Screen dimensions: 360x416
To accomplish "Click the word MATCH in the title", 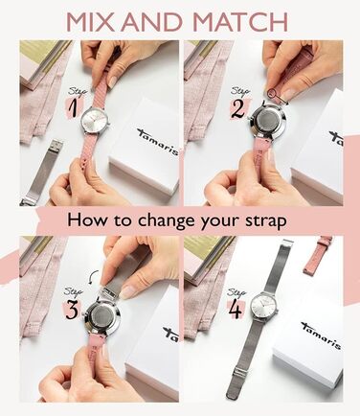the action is click(x=240, y=22).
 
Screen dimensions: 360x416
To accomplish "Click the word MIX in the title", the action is click(x=89, y=22).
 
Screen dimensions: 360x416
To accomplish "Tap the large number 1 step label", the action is click(x=74, y=108).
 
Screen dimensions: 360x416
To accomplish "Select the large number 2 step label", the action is click(x=237, y=108).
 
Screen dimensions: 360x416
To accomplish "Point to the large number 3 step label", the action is click(x=72, y=310).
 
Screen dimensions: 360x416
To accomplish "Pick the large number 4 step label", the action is click(x=236, y=310).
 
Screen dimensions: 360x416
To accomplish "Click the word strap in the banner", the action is click(x=265, y=221).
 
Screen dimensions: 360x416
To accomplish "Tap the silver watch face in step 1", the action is click(x=95, y=123).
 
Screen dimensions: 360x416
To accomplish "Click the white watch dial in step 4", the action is click(x=263, y=307).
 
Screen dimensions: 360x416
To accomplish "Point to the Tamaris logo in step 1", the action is click(x=158, y=141).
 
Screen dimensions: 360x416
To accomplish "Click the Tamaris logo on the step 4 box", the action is click(x=321, y=335).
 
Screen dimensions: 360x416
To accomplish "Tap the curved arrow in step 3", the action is click(x=93, y=277).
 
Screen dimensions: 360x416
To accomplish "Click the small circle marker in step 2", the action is click(x=272, y=93).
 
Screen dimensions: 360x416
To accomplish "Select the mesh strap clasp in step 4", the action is click(x=240, y=372).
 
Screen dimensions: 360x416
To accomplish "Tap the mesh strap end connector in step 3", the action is click(x=108, y=292).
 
